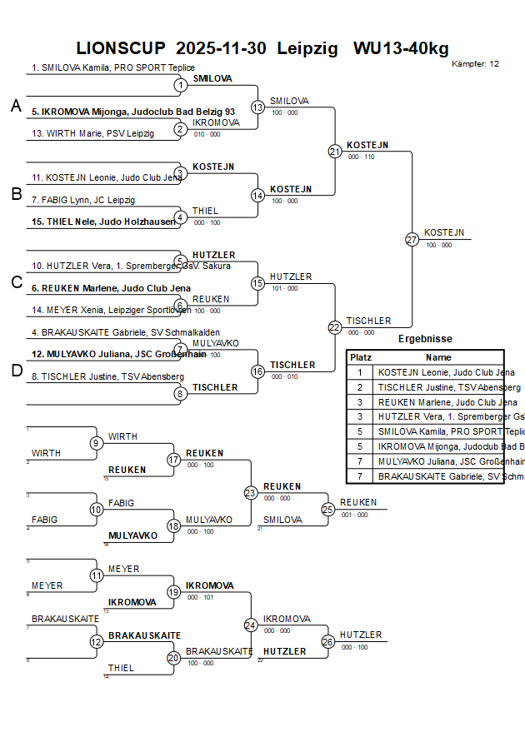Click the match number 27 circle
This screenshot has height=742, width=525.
(412, 239)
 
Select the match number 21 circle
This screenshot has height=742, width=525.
(334, 151)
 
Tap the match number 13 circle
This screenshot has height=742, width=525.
(257, 107)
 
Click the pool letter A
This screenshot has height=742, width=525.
(16, 106)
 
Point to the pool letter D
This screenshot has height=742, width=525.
(16, 371)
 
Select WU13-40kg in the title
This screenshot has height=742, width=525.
(400, 48)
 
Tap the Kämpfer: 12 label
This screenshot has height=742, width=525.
(475, 63)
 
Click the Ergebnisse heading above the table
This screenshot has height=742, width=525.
(425, 339)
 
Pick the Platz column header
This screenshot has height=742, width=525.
(360, 356)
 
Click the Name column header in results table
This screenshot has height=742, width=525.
(438, 356)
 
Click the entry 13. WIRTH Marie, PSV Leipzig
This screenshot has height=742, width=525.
(92, 133)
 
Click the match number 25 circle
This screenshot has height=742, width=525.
(327, 508)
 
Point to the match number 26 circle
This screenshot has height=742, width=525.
(327, 641)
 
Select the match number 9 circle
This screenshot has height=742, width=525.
(97, 442)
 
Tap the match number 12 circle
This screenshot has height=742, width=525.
(97, 641)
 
